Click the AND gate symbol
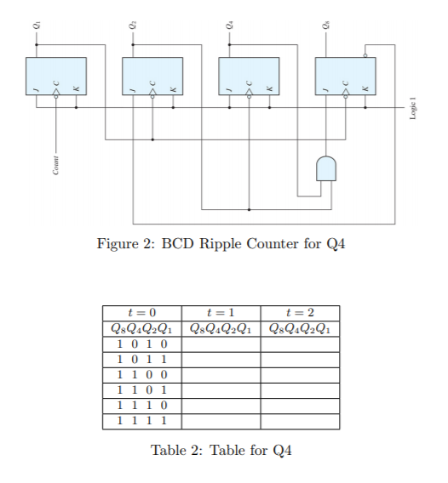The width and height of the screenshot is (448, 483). point(326,168)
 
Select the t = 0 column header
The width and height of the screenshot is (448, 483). point(141,313)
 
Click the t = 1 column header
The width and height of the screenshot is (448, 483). point(221,313)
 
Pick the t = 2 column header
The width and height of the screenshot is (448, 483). point(300,313)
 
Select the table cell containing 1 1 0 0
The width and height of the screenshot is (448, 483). point(141,374)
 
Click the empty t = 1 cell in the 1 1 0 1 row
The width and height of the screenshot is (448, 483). point(221,389)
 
